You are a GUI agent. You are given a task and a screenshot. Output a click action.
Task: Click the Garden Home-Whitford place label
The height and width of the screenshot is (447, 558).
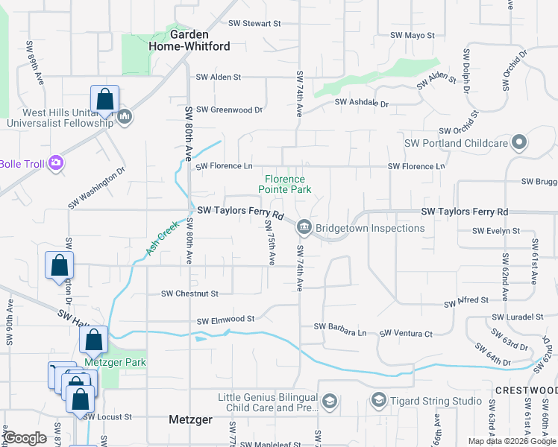point(199,40)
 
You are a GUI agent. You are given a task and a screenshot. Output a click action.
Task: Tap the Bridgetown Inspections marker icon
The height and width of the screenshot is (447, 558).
point(304,227)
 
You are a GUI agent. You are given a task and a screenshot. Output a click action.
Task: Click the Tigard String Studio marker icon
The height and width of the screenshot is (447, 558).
point(378,401)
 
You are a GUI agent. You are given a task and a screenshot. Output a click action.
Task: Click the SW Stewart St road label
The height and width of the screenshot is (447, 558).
point(254,24)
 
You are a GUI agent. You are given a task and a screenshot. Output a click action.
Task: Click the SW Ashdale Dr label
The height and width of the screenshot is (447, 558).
point(362,103)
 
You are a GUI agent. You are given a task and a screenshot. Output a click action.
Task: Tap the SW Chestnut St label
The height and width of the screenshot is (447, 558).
point(189,294)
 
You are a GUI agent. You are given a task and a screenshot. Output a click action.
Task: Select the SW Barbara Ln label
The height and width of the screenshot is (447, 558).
point(340,326)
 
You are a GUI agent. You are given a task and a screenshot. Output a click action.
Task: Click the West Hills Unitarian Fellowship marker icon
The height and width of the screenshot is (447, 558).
point(125,116)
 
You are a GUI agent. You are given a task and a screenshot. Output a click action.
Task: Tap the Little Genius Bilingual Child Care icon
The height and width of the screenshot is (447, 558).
point(329,403)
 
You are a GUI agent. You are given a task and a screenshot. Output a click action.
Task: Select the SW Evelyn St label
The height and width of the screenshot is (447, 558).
point(495,231)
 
